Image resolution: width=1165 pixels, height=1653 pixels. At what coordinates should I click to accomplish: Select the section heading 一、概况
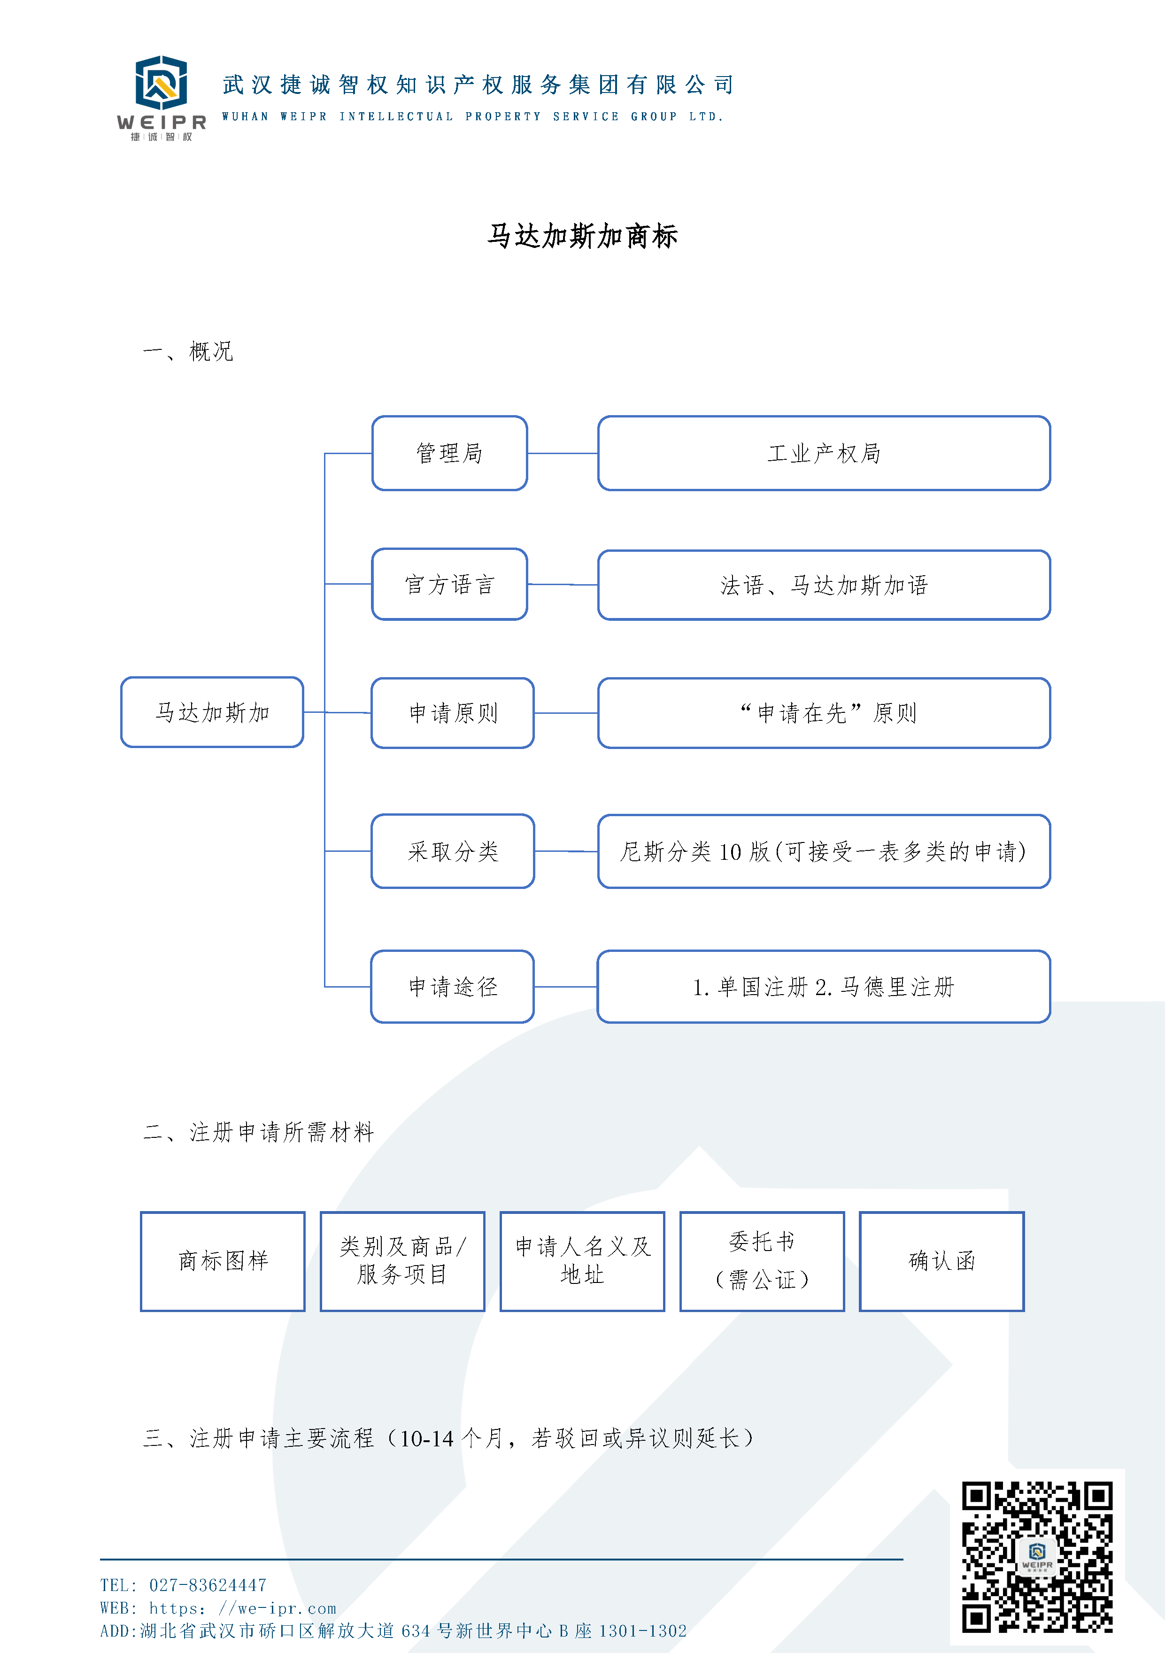(188, 351)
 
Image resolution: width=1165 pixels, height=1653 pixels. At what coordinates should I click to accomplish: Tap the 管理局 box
(449, 453)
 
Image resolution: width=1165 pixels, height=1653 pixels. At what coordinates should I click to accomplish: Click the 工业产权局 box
(824, 453)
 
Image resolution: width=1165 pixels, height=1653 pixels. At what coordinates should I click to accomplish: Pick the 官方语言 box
(449, 584)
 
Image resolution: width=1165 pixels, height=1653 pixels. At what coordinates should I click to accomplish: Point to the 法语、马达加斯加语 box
(824, 585)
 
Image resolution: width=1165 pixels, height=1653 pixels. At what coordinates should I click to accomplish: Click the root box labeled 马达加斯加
(212, 712)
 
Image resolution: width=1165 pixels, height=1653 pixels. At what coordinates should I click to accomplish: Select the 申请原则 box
(452, 713)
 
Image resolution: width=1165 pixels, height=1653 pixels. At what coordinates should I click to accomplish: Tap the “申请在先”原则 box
(824, 713)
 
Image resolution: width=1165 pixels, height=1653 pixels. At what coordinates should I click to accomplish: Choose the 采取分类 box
(452, 851)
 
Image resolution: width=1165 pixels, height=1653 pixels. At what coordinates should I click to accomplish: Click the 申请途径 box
(452, 986)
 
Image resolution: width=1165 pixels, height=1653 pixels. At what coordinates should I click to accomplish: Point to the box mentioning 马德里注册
(824, 986)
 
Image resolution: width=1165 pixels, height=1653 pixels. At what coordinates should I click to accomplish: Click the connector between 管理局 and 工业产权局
(563, 454)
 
